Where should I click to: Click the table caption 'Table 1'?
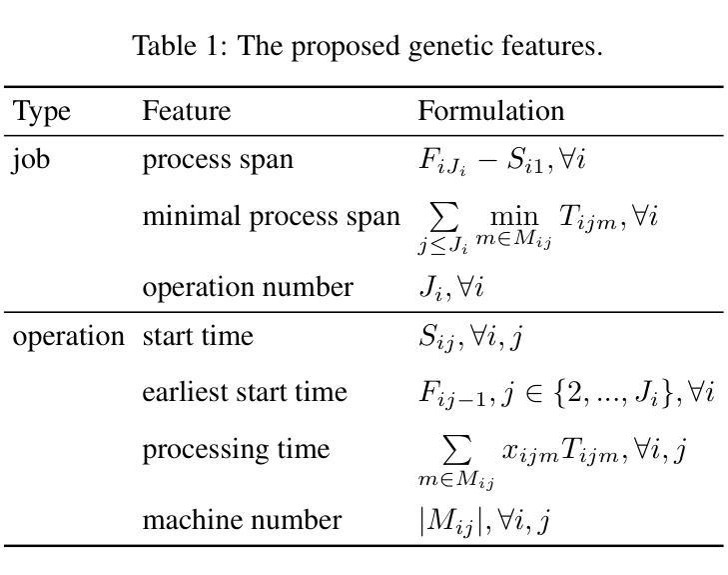point(366,45)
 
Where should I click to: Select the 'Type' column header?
point(41,110)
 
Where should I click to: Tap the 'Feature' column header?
point(186,110)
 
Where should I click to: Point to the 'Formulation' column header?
point(490,110)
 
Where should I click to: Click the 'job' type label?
point(31,161)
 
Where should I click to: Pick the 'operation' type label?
point(68,337)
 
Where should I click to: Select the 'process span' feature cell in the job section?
point(218,160)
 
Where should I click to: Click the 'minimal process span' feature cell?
point(271,216)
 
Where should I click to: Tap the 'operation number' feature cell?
point(248,288)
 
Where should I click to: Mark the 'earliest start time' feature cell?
point(245,392)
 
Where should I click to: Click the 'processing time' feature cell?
point(236,449)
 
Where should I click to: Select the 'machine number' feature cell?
point(242,521)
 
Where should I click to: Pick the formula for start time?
point(470,338)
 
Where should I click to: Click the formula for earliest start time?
point(565,393)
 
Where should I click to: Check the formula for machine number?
point(483,522)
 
